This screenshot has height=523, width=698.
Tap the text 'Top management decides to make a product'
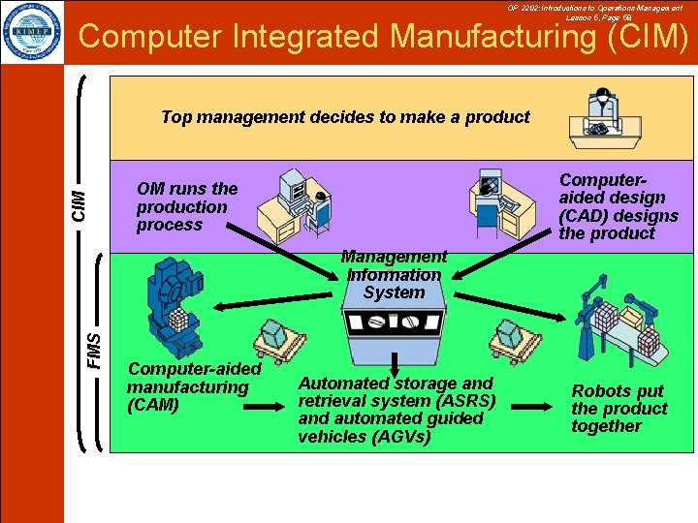(x=345, y=117)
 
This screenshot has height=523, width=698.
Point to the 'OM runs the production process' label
(x=186, y=206)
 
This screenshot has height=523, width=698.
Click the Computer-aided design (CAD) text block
(x=618, y=206)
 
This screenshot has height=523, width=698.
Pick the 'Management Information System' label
(x=394, y=274)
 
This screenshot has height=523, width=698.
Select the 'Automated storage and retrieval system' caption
(x=396, y=410)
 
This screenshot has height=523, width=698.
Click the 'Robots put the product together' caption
(x=619, y=409)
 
